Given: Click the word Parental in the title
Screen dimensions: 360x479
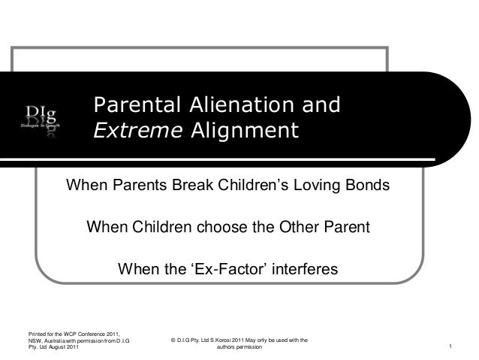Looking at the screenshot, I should pyautogui.click(x=132, y=105).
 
